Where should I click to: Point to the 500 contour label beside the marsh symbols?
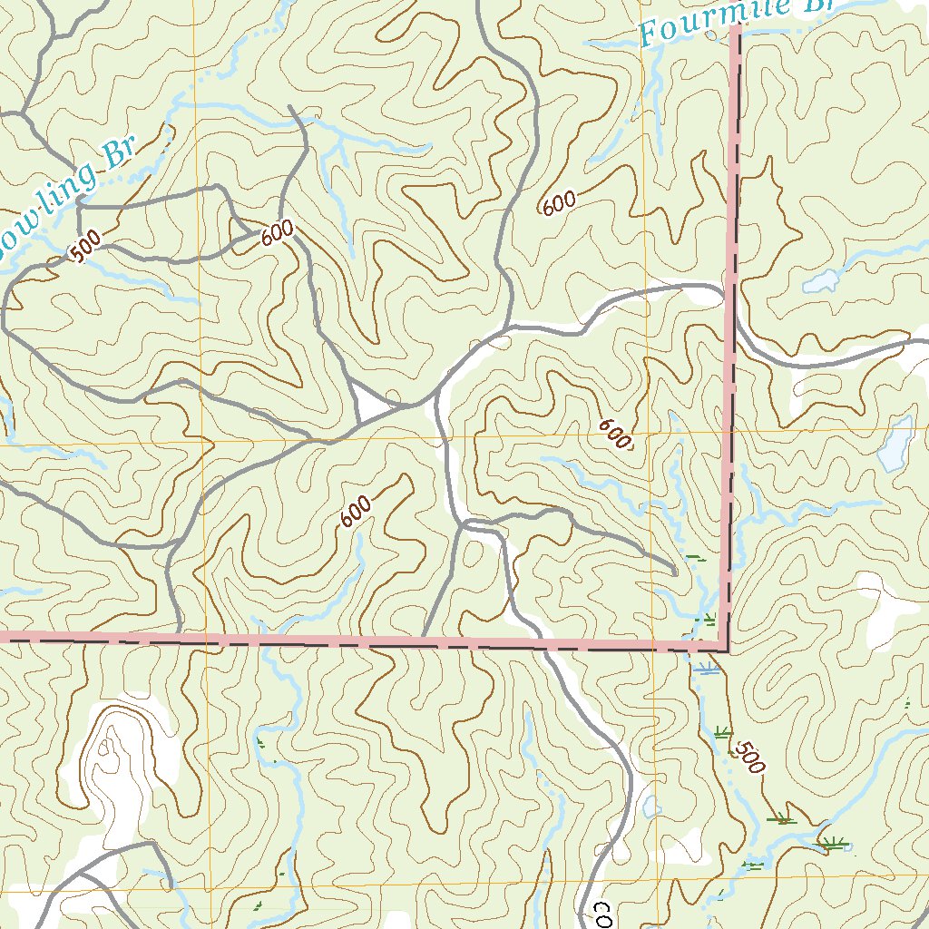749,757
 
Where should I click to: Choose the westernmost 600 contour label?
278,233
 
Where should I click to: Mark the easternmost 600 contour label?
615,435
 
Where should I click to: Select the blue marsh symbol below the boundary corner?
707,670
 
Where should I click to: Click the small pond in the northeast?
821,281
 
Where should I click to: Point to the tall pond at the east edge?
895,445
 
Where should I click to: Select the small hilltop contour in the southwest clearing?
107,749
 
